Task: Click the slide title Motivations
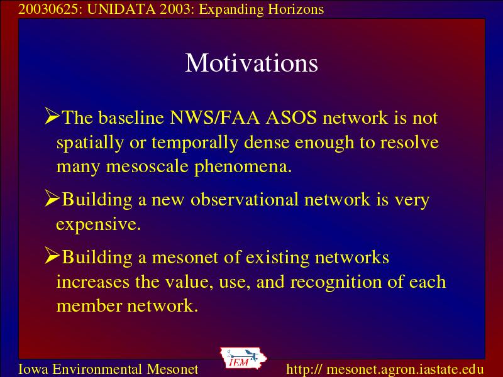pos(251,63)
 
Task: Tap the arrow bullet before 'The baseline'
pos(52,116)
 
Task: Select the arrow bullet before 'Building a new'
pos(52,198)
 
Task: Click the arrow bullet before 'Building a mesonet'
pos(52,256)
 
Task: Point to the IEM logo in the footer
pos(243,358)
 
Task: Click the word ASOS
pos(291,117)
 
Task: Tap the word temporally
pos(195,143)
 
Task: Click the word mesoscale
pos(147,167)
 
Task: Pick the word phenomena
pos(243,167)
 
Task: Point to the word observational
pos(245,199)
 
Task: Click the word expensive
pos(99,224)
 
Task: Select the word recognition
pos(336,282)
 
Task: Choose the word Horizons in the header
pos(296,9)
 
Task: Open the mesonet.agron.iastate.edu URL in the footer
pos(385,369)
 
